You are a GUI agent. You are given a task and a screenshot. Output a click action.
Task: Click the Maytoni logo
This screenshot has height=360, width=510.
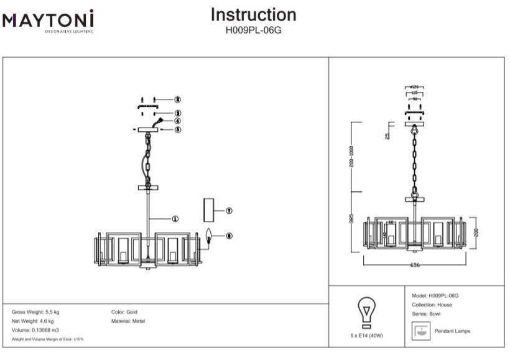(49, 21)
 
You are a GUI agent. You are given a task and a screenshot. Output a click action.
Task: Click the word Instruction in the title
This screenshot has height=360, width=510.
(253, 15)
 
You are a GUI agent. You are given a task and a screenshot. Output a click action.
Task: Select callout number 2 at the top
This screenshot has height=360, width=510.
(177, 99)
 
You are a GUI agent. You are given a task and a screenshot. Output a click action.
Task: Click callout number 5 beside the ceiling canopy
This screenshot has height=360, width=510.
(177, 130)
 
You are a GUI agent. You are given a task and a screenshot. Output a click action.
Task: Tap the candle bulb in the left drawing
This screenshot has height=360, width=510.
(210, 236)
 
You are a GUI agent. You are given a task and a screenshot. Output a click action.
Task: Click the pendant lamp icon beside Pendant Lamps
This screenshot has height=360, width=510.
(421, 331)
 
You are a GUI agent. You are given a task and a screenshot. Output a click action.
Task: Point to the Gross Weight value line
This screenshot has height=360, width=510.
(35, 312)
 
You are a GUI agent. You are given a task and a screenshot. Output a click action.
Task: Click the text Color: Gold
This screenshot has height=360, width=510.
(124, 312)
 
